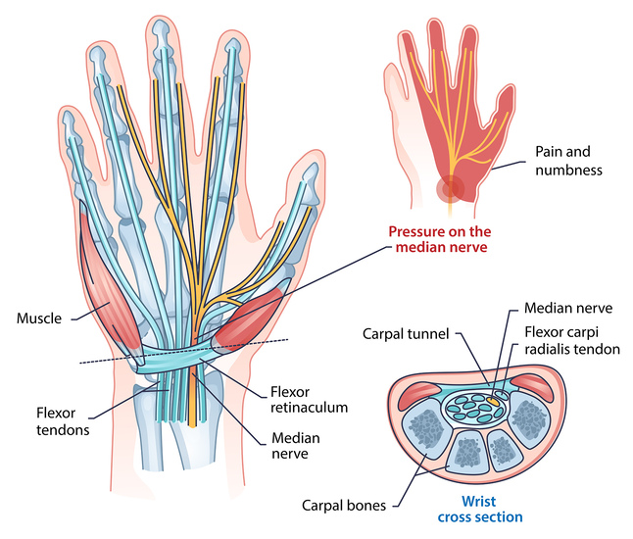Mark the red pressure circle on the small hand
[x=451, y=186]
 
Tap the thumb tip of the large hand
[x=311, y=176]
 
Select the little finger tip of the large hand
[x=69, y=122]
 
